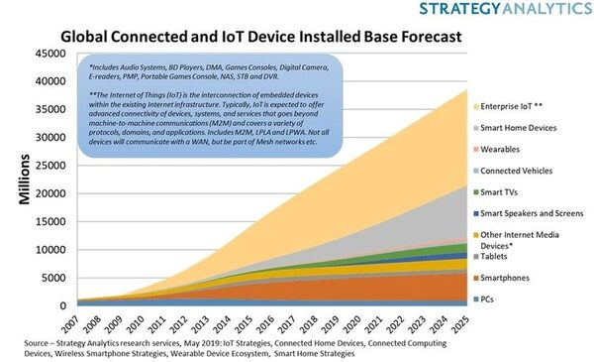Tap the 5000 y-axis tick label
[x=54, y=278]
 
